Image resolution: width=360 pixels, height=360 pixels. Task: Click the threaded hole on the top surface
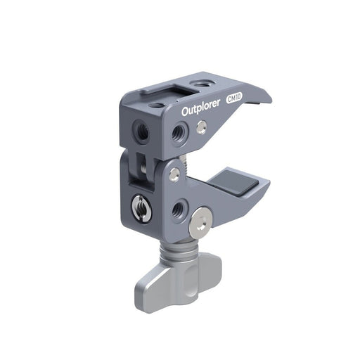(202, 85)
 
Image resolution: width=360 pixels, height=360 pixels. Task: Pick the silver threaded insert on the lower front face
(139, 206)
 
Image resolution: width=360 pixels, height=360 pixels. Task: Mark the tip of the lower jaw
(267, 186)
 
